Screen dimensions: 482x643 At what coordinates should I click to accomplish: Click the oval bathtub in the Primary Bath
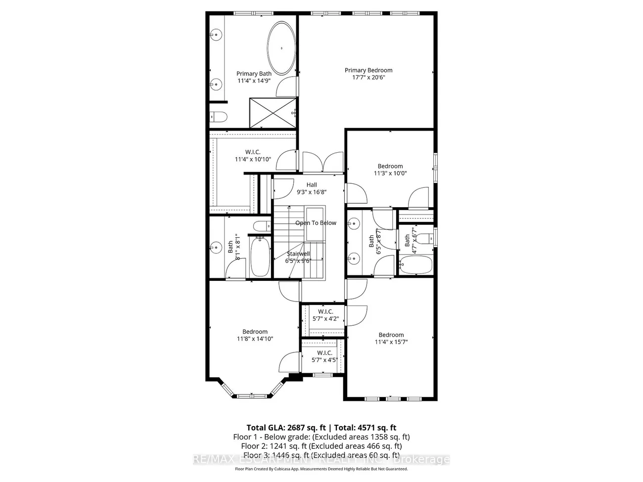281,48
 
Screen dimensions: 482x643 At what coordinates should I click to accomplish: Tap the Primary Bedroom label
368,70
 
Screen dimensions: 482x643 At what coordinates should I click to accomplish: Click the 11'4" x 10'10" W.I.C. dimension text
253,159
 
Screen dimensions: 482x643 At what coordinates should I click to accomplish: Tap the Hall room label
311,184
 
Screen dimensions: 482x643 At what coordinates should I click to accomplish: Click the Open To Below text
316,223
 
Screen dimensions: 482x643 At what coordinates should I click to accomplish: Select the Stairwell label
298,254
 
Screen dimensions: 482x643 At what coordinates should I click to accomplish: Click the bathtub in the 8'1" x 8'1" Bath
259,257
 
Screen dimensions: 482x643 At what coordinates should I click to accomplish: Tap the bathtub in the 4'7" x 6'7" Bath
415,266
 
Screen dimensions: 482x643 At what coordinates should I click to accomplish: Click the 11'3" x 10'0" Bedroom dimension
390,174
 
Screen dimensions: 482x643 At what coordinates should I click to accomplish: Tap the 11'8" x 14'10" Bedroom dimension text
255,339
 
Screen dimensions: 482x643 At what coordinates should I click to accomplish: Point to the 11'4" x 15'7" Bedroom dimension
391,342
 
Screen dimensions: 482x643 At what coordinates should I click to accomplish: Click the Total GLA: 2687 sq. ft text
286,428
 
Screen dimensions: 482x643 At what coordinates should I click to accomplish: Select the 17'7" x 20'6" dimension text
368,77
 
